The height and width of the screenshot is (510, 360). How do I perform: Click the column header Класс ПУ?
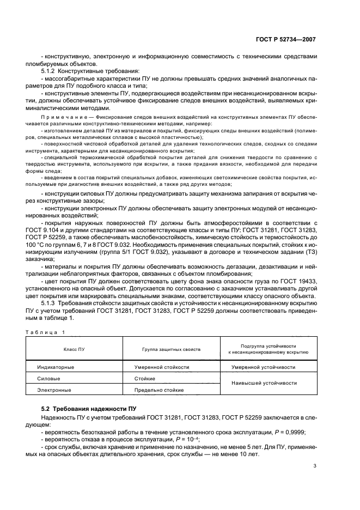pos(74,348)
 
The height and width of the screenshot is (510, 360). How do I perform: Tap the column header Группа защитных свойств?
pos(172,348)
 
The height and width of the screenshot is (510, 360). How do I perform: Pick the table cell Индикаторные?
pos(55,367)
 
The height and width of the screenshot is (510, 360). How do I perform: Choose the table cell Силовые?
pos(48,378)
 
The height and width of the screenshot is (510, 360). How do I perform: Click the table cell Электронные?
pos(53,390)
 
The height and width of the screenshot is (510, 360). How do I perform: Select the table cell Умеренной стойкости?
pos(162,367)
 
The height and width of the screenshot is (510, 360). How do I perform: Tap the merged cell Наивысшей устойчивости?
pos(265,383)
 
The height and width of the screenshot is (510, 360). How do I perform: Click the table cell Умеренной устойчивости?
pos(264,367)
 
